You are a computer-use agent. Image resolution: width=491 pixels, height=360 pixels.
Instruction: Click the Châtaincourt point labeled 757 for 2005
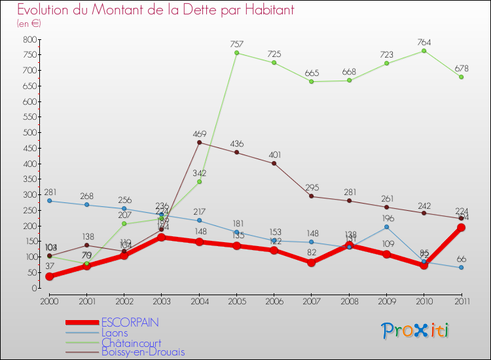(x=236, y=53)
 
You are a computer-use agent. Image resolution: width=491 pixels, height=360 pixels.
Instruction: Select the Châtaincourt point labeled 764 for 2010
(x=424, y=50)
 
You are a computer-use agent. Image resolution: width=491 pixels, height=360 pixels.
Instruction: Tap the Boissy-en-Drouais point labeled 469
(x=199, y=143)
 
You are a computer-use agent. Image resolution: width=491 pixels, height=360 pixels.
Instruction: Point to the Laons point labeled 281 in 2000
(x=49, y=201)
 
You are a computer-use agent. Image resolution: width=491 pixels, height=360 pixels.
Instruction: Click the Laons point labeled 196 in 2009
(x=386, y=227)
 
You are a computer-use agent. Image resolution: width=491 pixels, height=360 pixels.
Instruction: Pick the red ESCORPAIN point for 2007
(x=311, y=262)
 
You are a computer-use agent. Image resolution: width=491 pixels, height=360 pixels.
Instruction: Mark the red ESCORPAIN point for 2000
(x=49, y=276)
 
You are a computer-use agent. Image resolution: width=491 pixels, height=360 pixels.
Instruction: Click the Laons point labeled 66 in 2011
(x=461, y=268)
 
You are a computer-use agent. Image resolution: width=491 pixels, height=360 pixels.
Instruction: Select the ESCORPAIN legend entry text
(x=130, y=323)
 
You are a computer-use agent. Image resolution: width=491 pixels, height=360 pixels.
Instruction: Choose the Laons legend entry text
(x=115, y=333)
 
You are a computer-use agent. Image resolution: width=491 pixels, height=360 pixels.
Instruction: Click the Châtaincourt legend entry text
(x=131, y=342)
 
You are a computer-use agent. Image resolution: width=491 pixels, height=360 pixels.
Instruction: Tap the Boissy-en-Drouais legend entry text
(x=143, y=352)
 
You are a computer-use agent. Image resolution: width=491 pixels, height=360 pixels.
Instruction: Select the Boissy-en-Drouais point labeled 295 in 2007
(x=311, y=196)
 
